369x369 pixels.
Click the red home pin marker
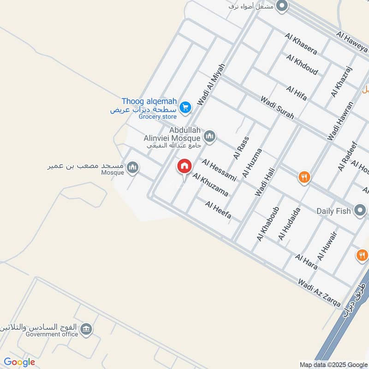click(x=184, y=167)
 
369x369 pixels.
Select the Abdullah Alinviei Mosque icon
click(x=209, y=137)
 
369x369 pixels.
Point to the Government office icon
click(x=86, y=329)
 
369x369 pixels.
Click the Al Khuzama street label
click(x=210, y=184)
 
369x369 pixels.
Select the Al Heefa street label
click(x=218, y=210)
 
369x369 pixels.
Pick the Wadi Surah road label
click(x=277, y=107)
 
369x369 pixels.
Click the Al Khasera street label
click(x=301, y=43)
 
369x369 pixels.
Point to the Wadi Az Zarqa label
click(x=319, y=293)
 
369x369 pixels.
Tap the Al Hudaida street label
click(x=289, y=224)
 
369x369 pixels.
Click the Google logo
click(x=19, y=363)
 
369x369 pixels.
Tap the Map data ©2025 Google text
click(x=333, y=364)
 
